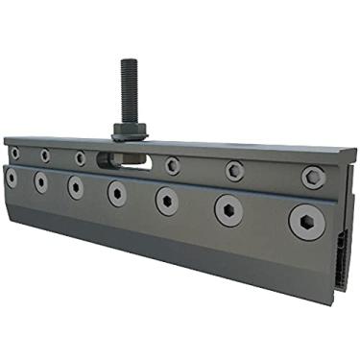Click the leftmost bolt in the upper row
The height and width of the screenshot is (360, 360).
14,152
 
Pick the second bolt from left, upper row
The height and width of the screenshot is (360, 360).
45,155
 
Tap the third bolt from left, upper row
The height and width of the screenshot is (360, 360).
80,157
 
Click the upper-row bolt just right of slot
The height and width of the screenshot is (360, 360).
172,165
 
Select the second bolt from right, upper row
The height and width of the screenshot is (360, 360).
234,171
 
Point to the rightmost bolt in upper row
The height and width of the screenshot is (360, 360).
313,177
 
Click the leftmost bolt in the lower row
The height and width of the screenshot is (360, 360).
12,177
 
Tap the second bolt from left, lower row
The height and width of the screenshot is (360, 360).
41,181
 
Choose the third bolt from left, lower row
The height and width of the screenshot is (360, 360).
76,187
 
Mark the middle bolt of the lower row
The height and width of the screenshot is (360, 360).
117,193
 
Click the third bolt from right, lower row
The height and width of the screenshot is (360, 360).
167,201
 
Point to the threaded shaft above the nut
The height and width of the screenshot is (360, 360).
127,91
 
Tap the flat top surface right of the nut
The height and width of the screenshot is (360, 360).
240,147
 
